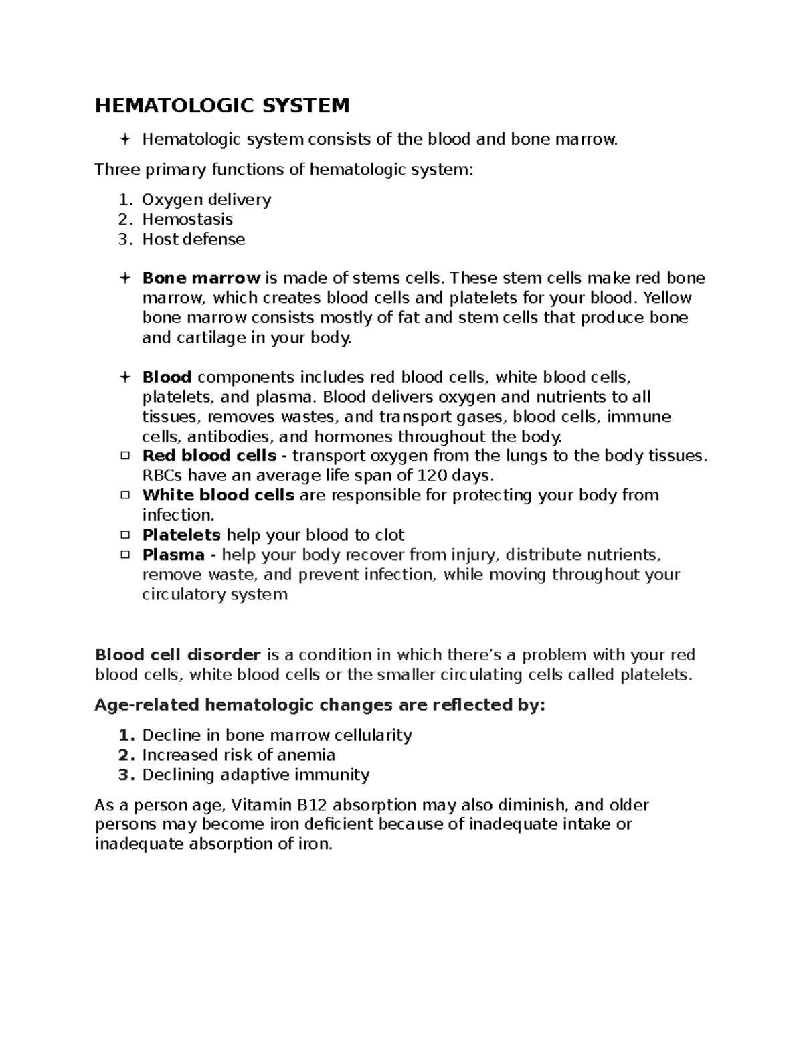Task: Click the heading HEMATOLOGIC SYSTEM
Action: click(222, 106)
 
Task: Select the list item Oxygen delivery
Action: click(206, 199)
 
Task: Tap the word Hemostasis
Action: click(187, 219)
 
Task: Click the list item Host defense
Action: click(193, 239)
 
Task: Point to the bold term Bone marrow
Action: click(201, 278)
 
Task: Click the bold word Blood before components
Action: click(167, 377)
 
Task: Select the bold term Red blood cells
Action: click(209, 456)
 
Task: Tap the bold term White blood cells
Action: click(218, 496)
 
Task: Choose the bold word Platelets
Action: click(181, 535)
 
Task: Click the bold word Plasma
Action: click(173, 555)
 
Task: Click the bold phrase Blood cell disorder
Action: click(177, 654)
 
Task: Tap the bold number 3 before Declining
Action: click(123, 775)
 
